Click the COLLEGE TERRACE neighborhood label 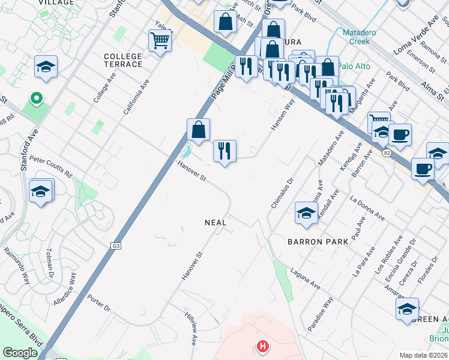[x=123, y=60]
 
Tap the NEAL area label [x=215, y=223]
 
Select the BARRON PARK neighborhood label [x=318, y=242]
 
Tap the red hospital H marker [x=262, y=346]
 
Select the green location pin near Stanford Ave [x=36, y=98]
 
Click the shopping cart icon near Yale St [x=160, y=41]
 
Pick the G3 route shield [x=116, y=245]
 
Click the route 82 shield [x=385, y=153]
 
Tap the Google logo [x=20, y=353]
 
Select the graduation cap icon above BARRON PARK [x=306, y=214]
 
